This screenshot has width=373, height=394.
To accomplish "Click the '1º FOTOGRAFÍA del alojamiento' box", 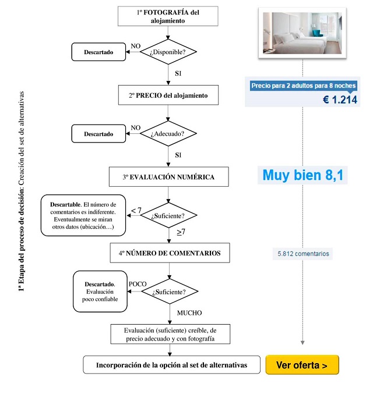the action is (x=168, y=16).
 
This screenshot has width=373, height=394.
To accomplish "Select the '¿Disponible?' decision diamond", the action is (x=168, y=52).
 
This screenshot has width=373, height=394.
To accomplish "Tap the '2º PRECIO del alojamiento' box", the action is (x=168, y=95).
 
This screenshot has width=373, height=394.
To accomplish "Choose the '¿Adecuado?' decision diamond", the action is (x=168, y=133).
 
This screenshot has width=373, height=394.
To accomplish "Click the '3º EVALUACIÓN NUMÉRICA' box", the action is (x=169, y=177).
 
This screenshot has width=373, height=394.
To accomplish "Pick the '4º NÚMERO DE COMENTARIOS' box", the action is (x=170, y=253).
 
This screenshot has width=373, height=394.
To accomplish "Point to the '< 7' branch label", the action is (x=136, y=210).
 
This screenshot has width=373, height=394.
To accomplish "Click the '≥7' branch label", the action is (x=181, y=232).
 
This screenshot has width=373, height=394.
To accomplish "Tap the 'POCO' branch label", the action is (x=138, y=284).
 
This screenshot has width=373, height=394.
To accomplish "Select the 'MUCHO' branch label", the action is (x=189, y=313).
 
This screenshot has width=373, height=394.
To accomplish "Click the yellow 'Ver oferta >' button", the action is (x=302, y=365).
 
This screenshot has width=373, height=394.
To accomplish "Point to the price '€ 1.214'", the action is (x=340, y=100).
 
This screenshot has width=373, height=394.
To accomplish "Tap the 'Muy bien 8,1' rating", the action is (x=303, y=175).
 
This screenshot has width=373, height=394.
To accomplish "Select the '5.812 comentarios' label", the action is (x=303, y=254).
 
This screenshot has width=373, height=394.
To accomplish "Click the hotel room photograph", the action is (x=302, y=33).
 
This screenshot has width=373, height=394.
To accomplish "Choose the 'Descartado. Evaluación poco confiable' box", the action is (x=100, y=292).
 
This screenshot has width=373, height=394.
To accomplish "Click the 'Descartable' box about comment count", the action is (x=83, y=215).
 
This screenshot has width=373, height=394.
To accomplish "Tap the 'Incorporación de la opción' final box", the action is (x=172, y=365).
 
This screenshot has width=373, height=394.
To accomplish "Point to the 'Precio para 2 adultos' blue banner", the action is (x=303, y=86).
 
